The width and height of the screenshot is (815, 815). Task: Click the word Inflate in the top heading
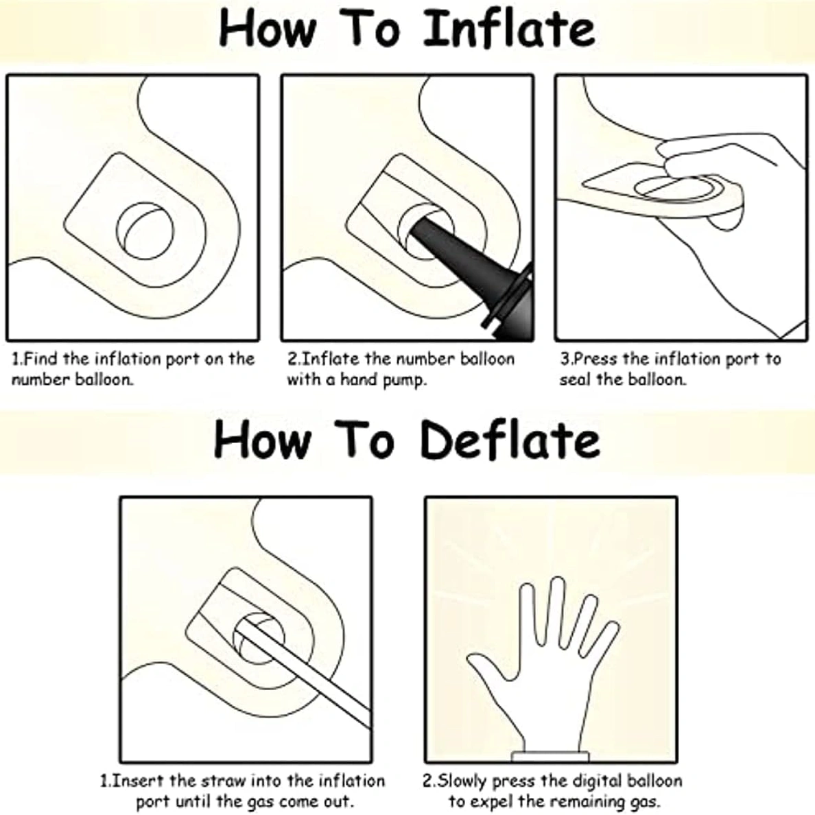tap(509, 29)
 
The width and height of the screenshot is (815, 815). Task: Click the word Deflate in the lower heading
tap(510, 440)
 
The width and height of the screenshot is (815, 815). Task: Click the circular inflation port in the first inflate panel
tap(145, 231)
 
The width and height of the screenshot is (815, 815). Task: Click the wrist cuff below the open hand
tap(551, 757)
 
